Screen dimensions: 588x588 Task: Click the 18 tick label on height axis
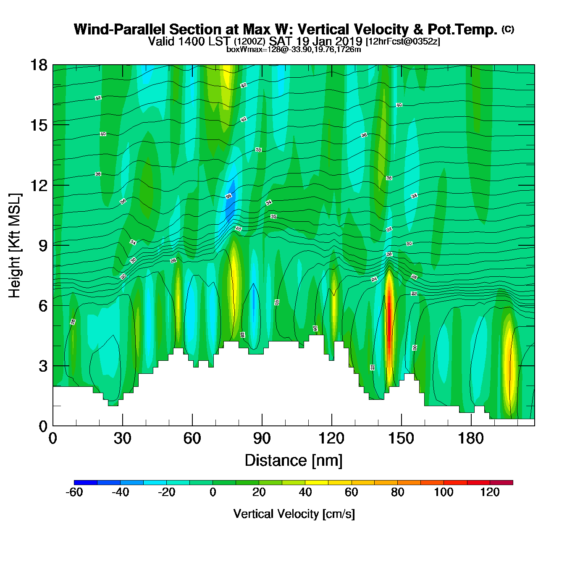[39, 65]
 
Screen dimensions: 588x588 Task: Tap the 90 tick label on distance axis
[262, 438]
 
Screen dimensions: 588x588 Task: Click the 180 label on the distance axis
[471, 438]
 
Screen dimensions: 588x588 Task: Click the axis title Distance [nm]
[294, 461]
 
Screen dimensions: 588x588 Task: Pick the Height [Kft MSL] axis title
[15, 246]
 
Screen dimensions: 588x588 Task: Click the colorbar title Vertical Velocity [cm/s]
[294, 514]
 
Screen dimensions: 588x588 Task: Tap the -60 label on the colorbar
[74, 492]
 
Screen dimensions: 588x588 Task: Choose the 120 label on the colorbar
[490, 492]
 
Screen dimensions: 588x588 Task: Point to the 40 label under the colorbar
[305, 492]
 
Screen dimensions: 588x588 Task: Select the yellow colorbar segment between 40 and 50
[317, 483]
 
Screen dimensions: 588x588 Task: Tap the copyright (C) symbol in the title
[508, 29]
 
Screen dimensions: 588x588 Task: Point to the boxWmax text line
[294, 49]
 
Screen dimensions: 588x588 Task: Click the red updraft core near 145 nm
[389, 319]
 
